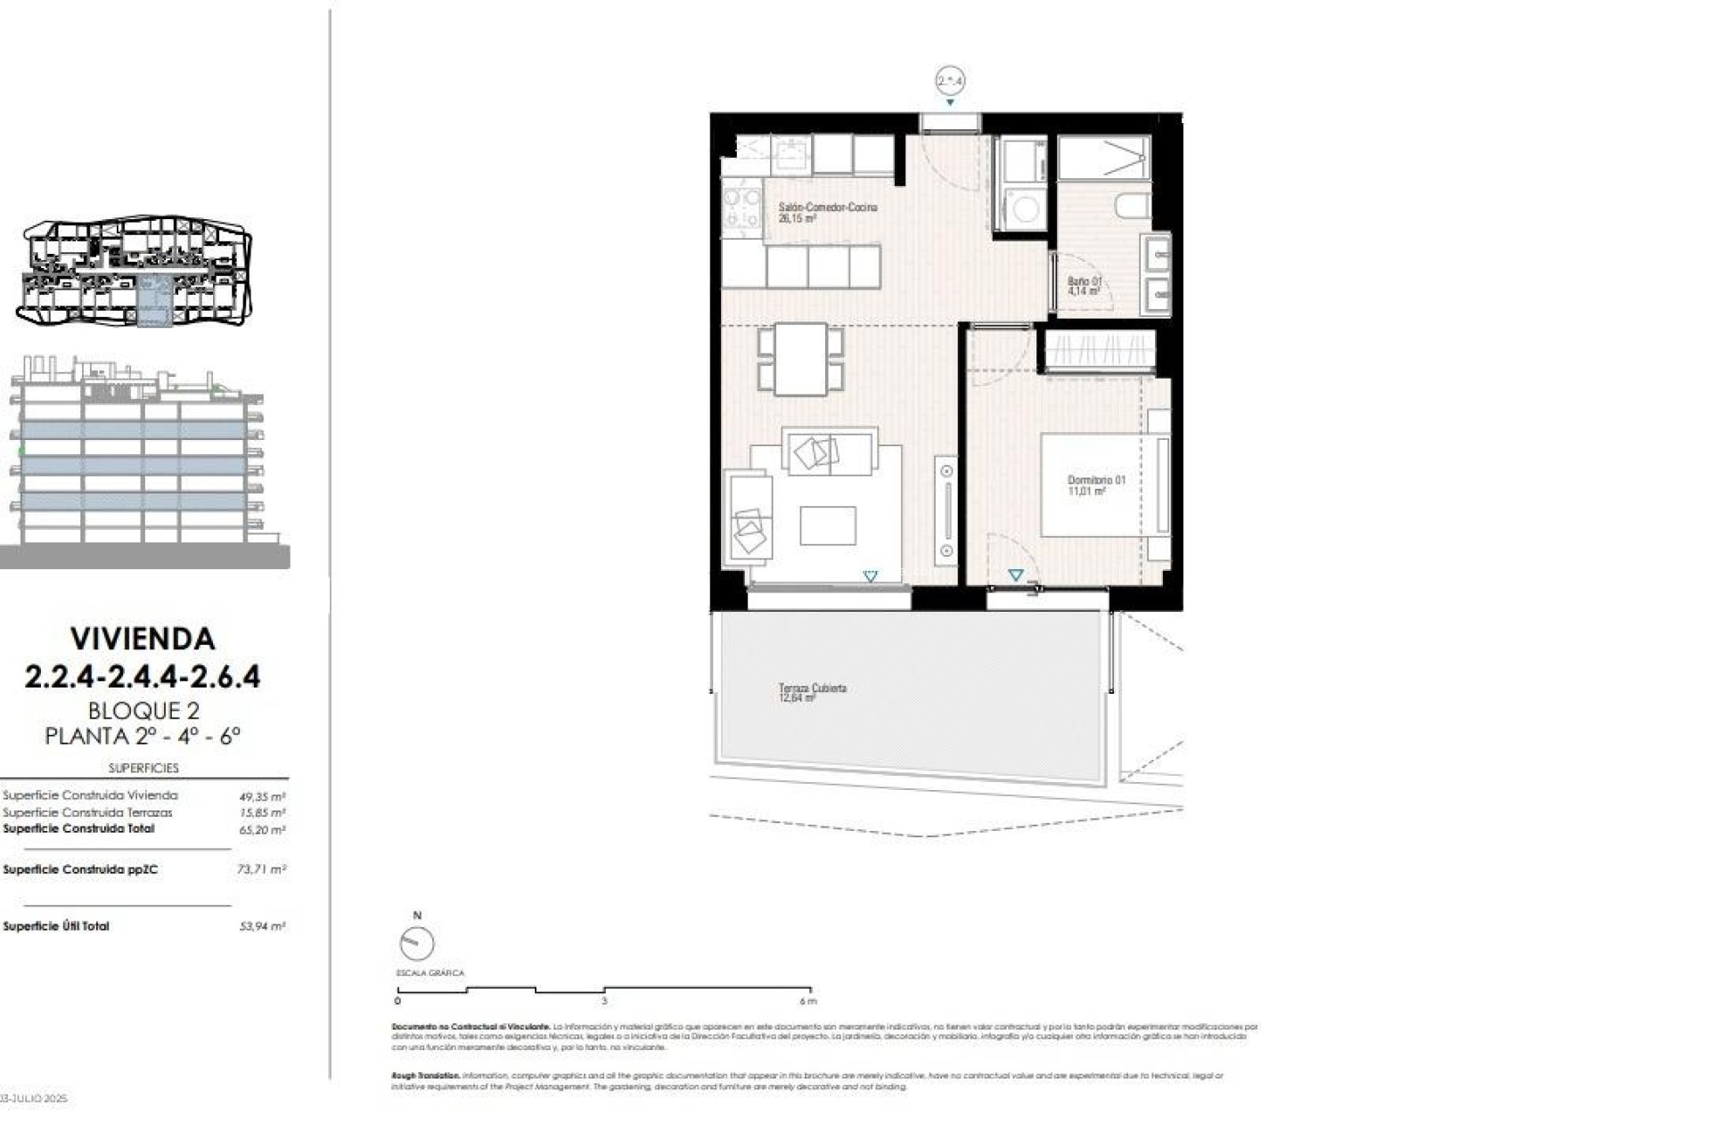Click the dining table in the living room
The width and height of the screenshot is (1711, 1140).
[x=800, y=359]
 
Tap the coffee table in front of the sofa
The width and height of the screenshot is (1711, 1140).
[x=827, y=525]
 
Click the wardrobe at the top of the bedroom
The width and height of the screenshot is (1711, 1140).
[x=1100, y=350]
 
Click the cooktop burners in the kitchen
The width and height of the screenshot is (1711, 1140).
[x=741, y=208]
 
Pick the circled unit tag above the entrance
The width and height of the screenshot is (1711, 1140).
[x=950, y=81]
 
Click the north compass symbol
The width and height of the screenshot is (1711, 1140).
[x=416, y=942]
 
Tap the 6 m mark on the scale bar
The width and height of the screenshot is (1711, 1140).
[x=808, y=1001]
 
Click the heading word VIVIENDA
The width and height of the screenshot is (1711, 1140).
[x=143, y=639]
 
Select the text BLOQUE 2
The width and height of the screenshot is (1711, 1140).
[x=143, y=711]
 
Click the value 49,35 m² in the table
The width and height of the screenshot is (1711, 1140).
[x=262, y=797]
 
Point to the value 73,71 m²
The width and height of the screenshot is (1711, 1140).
[x=261, y=869]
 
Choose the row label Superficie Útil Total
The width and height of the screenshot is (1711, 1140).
[x=56, y=926]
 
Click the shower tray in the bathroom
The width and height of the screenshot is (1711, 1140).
[x=1103, y=159]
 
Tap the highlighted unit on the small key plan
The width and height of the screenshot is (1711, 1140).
[x=154, y=301]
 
